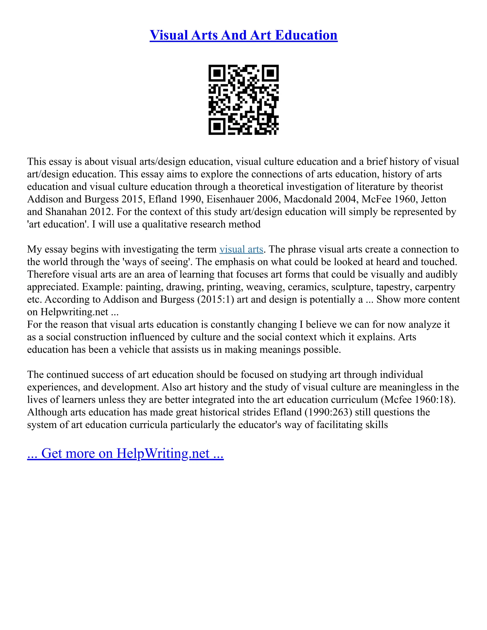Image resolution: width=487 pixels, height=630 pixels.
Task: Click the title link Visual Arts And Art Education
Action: (243, 35)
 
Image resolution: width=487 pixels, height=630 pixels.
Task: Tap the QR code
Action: (243, 100)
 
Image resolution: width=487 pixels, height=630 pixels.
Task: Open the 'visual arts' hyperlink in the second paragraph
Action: (241, 249)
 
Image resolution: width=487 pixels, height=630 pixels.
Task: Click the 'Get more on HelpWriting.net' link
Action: (125, 453)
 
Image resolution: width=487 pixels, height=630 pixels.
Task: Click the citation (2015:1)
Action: (215, 299)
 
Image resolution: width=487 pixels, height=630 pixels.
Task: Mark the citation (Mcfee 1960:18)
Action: (417, 400)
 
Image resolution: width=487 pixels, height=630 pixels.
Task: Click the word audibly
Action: (441, 274)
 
